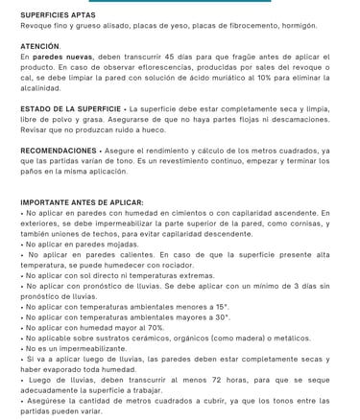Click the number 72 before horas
click(197, 379)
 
